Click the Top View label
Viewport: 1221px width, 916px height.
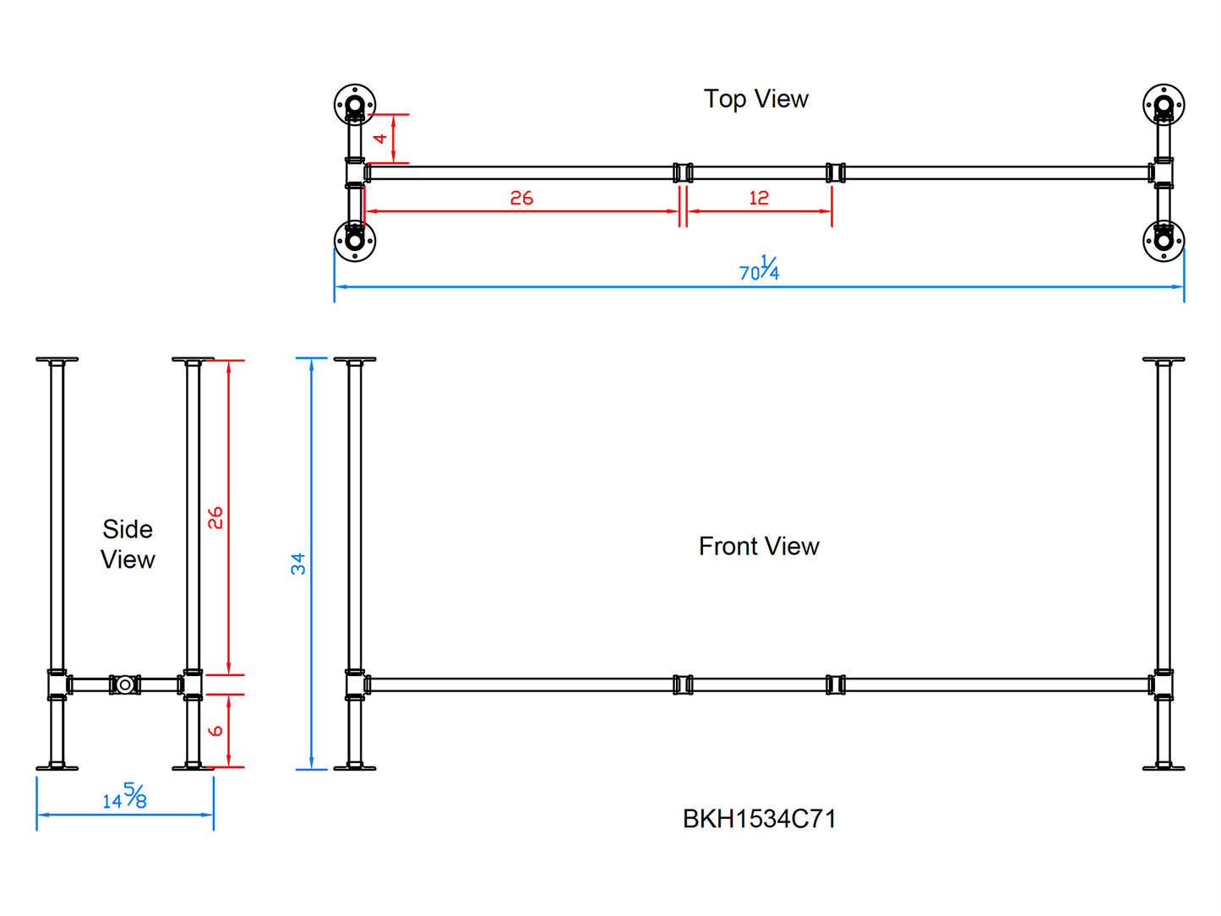click(x=755, y=99)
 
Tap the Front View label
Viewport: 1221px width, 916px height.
click(x=758, y=546)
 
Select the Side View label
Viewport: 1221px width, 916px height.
click(x=128, y=544)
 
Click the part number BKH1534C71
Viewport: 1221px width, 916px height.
click(x=759, y=819)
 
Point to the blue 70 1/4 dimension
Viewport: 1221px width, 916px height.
click(x=759, y=270)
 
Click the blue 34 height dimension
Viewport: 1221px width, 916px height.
click(x=297, y=564)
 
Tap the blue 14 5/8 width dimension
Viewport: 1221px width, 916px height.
click(x=125, y=796)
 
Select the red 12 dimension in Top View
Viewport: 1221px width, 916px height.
click(x=758, y=198)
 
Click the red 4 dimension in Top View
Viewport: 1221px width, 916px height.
click(x=381, y=138)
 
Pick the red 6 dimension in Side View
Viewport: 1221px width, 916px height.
click(x=215, y=730)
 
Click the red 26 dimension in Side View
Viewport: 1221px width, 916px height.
click(x=215, y=517)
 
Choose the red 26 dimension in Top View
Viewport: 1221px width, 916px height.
click(x=521, y=198)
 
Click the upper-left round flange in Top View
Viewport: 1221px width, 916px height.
click(x=355, y=106)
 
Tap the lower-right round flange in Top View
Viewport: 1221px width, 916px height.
click(x=1164, y=241)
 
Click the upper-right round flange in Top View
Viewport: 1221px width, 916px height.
click(x=1164, y=106)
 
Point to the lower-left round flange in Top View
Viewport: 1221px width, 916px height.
click(x=355, y=241)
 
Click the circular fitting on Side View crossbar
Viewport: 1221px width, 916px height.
click(x=125, y=684)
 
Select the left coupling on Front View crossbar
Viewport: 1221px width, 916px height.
click(x=683, y=684)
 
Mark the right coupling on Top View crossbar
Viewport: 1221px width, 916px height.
click(x=836, y=172)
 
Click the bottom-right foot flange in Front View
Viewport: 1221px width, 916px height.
click(x=1164, y=767)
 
